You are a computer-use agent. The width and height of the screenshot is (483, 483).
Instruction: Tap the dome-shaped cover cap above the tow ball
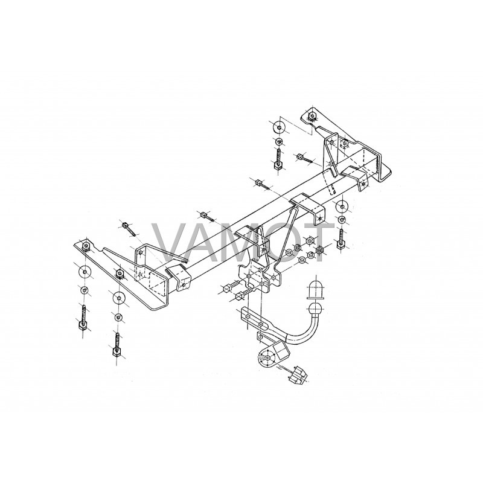pos(316,290)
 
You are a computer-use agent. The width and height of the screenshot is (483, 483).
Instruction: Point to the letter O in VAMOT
pos(281,243)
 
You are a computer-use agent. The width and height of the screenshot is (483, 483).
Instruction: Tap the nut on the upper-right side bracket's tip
pos(312,115)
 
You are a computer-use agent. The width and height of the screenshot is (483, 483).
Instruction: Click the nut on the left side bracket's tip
pos(85,246)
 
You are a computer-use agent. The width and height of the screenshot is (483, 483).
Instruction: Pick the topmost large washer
pos(279,127)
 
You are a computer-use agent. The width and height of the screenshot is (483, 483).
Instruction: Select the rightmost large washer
pos(342,206)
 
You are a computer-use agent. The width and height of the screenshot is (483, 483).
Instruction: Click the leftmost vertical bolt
pos(84,318)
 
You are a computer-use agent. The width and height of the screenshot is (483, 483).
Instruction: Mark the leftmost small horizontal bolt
pos(129,228)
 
